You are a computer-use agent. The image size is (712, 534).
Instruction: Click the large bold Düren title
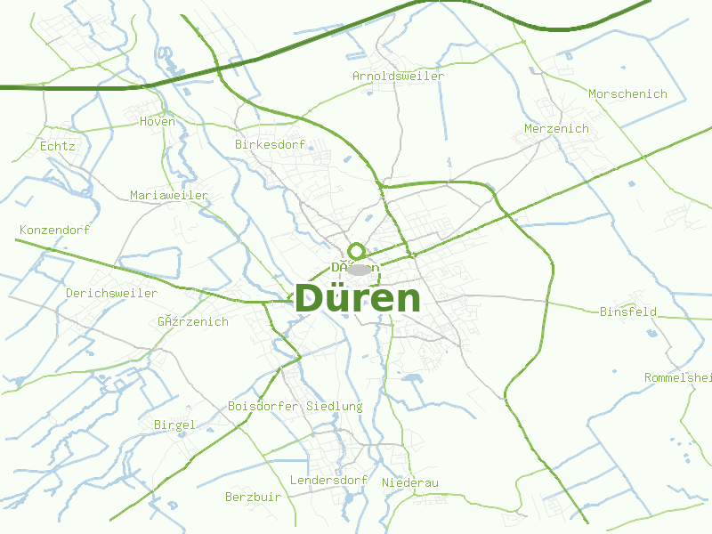coord(357,298)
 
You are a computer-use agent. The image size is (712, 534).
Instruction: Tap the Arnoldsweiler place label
coord(398,76)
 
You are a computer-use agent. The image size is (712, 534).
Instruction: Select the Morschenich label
coord(627,93)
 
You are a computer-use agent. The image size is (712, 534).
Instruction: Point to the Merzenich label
coord(556,128)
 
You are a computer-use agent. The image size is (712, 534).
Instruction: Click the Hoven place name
coord(158,121)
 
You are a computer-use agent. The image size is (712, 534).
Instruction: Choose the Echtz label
coord(58,146)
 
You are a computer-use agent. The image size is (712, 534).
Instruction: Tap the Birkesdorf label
coord(270,144)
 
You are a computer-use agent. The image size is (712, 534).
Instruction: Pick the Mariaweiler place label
coord(169,195)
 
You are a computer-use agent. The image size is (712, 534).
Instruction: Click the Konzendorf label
coord(54,230)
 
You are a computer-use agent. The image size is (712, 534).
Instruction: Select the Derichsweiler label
coord(111,293)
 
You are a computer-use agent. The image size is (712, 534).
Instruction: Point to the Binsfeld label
coord(627,311)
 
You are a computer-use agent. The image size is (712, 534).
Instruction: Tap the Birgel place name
coord(174,425)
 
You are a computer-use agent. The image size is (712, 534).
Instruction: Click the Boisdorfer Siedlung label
coord(295,406)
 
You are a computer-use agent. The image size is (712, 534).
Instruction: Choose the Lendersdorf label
coord(329,480)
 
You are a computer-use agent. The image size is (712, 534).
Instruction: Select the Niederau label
coord(410,482)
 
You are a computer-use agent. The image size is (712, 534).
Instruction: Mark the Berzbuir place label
coord(253,497)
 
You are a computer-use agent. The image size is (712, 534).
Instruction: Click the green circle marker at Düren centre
coord(357,251)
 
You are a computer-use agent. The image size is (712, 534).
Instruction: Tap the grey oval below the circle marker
coord(360,269)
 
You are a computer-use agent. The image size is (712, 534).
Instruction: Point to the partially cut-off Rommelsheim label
coord(678,377)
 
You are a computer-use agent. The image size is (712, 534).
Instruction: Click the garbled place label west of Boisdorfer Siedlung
coord(193,321)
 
